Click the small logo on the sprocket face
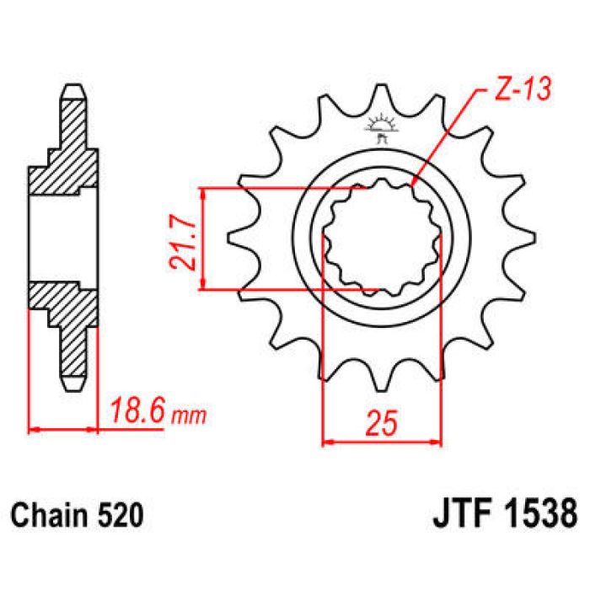pos(381,127)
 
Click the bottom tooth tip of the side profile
pos(75,385)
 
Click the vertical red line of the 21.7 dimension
pos(202,239)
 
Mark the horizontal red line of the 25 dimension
pos(382,439)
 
